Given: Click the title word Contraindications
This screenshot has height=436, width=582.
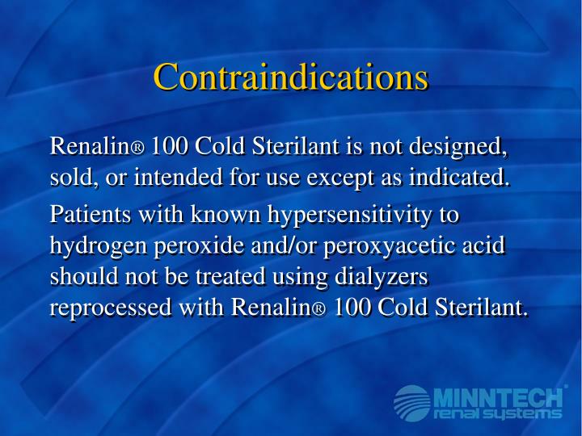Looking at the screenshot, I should [x=291, y=78].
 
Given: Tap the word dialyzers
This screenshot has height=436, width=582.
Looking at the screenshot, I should [x=377, y=277].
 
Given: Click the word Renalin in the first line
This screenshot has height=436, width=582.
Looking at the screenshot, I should [x=90, y=148].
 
